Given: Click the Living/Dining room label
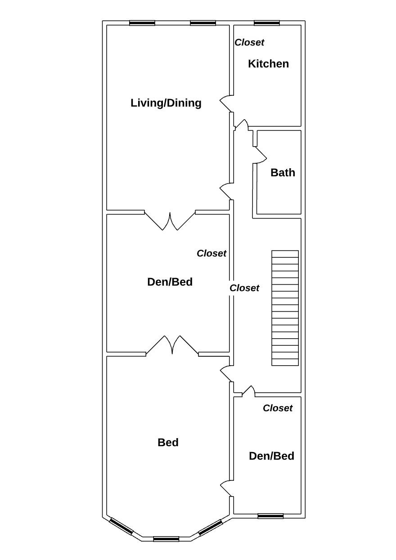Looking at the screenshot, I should click(x=166, y=103).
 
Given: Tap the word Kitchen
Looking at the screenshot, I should click(x=268, y=64).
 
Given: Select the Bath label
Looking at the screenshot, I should click(x=283, y=173).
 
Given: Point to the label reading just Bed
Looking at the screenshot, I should click(x=168, y=443).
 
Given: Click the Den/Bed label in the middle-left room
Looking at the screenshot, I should click(x=170, y=282).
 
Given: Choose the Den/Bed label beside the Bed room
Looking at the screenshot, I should click(x=271, y=456).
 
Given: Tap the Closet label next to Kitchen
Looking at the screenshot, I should click(x=249, y=42).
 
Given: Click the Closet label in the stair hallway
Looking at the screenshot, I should click(x=244, y=288).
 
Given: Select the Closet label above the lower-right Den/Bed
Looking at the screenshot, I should click(x=278, y=408).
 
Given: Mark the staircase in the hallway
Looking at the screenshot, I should click(x=285, y=308).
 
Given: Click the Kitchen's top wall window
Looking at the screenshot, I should click(x=266, y=23).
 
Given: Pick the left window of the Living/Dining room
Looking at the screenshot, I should click(x=142, y=23).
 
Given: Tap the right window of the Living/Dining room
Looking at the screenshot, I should click(x=202, y=23).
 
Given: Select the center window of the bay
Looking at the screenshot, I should click(x=166, y=539).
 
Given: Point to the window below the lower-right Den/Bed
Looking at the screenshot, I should click(x=270, y=516).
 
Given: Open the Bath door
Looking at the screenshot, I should click(x=260, y=155).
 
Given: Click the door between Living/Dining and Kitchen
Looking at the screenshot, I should click(x=226, y=103).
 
